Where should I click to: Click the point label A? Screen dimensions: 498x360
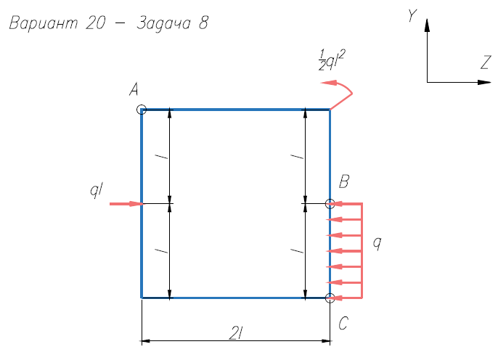(x=134, y=89)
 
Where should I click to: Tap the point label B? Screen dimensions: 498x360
(x=344, y=181)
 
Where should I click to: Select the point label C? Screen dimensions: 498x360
(x=343, y=324)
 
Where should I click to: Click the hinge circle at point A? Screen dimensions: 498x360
(x=142, y=110)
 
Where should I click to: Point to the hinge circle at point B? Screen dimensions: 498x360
(x=330, y=204)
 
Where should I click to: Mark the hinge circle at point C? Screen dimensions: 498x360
(x=330, y=298)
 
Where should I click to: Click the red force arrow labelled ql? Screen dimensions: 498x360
(x=126, y=204)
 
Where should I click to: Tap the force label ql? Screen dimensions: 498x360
(x=97, y=190)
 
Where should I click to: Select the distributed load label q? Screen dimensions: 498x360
(x=377, y=243)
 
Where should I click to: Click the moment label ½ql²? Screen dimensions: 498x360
(x=332, y=60)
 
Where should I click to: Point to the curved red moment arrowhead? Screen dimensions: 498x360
(x=329, y=83)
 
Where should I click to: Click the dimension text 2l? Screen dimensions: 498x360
(x=236, y=334)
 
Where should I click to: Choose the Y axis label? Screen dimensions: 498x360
(x=412, y=15)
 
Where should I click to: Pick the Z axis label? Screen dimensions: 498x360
(x=486, y=62)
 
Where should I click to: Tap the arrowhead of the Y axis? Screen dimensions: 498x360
(x=427, y=25)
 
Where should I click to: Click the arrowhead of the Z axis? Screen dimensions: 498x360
(x=485, y=82)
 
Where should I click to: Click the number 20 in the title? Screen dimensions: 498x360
(x=95, y=23)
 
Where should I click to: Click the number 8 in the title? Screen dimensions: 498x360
(x=203, y=23)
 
